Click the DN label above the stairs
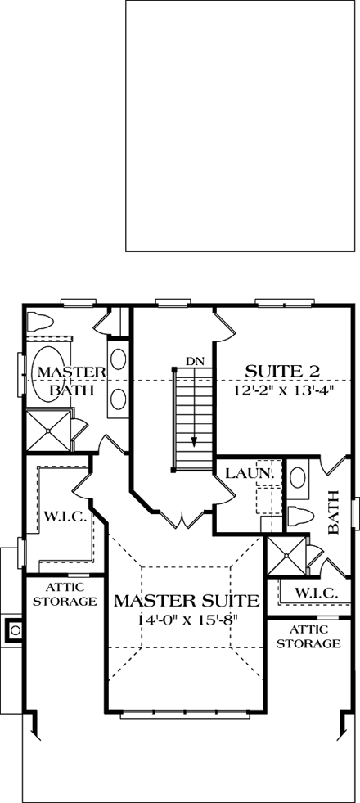(x=194, y=360)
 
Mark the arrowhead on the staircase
(x=194, y=441)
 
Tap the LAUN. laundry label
(x=242, y=473)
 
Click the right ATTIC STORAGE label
(x=308, y=636)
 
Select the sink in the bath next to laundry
(x=299, y=477)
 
